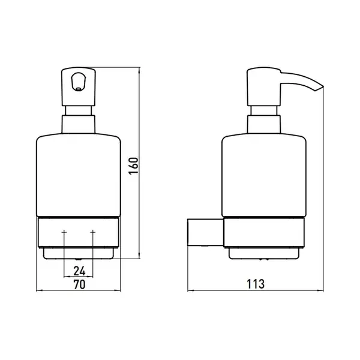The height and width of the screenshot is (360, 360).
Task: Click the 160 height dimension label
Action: coord(133,166)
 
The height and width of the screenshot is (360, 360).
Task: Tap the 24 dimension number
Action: coord(79,271)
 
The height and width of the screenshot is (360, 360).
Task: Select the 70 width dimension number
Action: coord(79,284)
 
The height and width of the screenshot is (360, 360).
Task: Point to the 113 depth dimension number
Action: coord(256,284)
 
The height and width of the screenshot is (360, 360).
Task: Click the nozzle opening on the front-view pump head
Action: coord(79,82)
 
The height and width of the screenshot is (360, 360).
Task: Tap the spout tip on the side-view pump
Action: coord(320,88)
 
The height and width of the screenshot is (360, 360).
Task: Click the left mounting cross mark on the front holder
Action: coord(64,232)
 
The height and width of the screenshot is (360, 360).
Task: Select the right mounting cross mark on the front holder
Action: coord(93,232)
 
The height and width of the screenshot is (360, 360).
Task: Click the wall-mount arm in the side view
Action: coord(206,232)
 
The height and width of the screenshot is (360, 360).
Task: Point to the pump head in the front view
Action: coord(79,86)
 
